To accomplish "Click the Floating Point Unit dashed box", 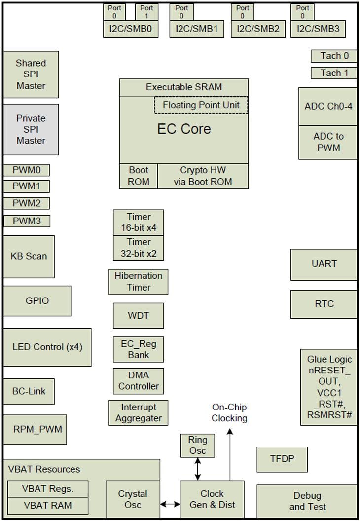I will [x=201, y=105].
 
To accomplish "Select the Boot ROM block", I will [x=139, y=176].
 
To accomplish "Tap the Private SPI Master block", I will [x=31, y=129].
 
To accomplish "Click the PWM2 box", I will [x=27, y=203].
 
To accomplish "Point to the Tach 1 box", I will [x=334, y=73].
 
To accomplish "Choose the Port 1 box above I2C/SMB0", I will [x=146, y=12].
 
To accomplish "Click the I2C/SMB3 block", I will [x=318, y=29].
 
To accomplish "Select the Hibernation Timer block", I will [x=138, y=282].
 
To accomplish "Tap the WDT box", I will [x=138, y=316].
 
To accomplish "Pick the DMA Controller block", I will [x=138, y=381].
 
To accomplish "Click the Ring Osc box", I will [x=198, y=445].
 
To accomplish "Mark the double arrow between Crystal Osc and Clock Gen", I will [x=170, y=504].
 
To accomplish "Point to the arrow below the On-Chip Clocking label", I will [x=230, y=454].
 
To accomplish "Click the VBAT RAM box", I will [x=47, y=505].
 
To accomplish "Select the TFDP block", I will [x=282, y=459].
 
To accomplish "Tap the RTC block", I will [x=324, y=304].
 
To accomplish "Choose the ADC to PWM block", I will [x=328, y=142].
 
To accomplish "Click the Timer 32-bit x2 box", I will [x=138, y=248].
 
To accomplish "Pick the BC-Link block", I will [x=29, y=391].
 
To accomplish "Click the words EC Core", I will [x=184, y=129].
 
